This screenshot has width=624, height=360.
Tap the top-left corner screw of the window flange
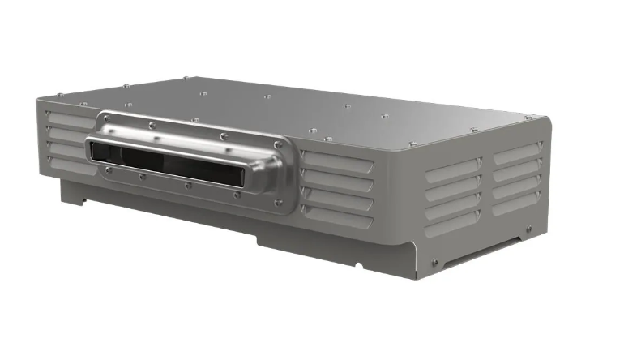pos(107,118)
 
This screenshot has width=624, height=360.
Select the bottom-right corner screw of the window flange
pos(279,203)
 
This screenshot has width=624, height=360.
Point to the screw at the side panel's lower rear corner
pos(528,229)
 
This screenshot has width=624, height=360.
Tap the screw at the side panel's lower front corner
pos(435,261)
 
